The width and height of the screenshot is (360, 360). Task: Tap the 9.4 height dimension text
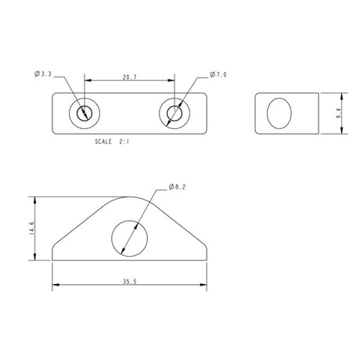337,114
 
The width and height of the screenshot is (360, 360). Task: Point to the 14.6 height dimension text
32,229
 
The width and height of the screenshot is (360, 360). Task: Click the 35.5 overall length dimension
130,281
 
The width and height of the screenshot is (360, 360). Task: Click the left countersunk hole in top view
82,114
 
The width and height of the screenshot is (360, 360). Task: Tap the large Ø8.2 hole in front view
130,236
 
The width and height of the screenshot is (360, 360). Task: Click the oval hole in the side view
279,114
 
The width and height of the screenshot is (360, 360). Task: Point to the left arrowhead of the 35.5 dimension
55,286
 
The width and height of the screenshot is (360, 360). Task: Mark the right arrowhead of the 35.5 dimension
205,286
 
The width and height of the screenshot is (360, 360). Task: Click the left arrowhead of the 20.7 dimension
86,80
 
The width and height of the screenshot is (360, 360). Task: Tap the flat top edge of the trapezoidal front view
130,197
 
